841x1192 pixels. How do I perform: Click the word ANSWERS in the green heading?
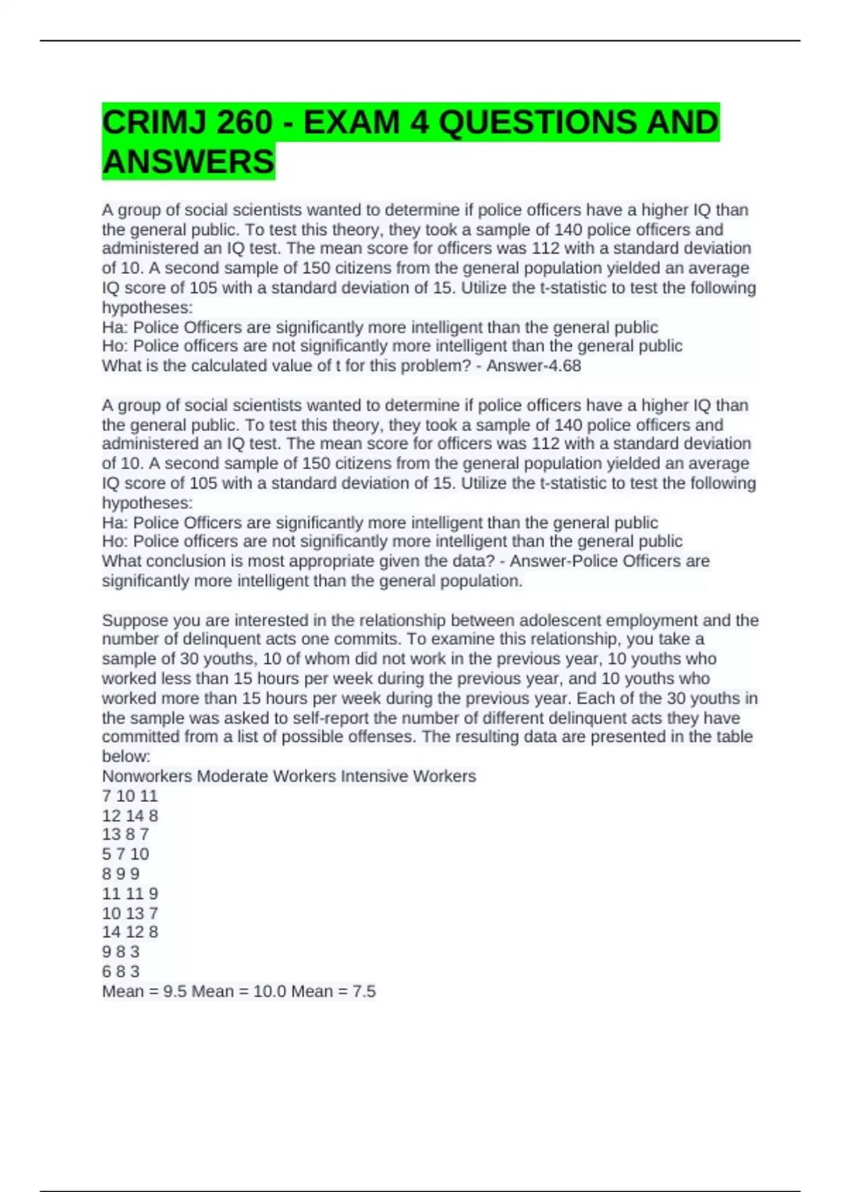click(188, 162)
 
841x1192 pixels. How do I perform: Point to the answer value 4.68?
click(564, 366)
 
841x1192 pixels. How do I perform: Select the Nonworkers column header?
click(147, 776)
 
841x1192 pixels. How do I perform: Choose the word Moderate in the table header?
click(232, 776)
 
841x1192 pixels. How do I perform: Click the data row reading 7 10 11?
click(130, 796)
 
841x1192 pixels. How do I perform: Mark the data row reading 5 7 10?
click(125, 854)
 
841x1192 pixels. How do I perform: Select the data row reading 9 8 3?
click(121, 951)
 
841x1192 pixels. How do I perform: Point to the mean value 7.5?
click(363, 991)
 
